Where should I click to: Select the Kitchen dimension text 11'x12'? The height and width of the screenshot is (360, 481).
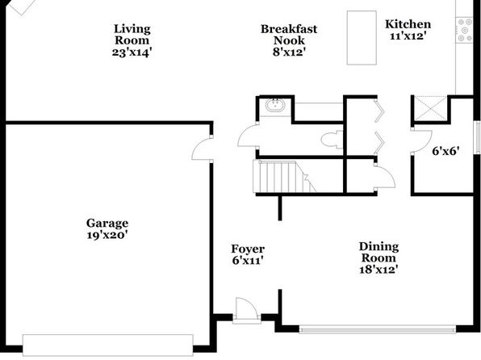pos(408,36)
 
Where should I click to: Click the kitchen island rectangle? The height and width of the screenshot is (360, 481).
pos(362,38)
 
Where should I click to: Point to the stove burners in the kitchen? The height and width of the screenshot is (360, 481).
pos(464,30)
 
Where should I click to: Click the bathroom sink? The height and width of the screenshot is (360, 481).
pos(275,105)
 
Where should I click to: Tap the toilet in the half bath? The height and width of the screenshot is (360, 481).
pos(332,140)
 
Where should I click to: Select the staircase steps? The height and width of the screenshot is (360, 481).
pos(284,177)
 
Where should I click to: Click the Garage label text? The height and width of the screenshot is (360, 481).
pos(107,223)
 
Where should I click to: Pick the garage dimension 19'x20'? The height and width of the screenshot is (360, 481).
pos(107,236)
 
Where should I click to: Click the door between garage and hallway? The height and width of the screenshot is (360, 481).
pos(202,149)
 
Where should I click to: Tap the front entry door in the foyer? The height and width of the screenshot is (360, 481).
pos(246,310)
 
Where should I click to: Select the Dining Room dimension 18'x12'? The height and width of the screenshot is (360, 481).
pos(379,270)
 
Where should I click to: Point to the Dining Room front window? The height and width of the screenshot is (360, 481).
pos(378,329)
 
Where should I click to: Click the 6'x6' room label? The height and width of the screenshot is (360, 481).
pos(445,151)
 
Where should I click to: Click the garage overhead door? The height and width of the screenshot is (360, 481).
pos(108,345)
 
